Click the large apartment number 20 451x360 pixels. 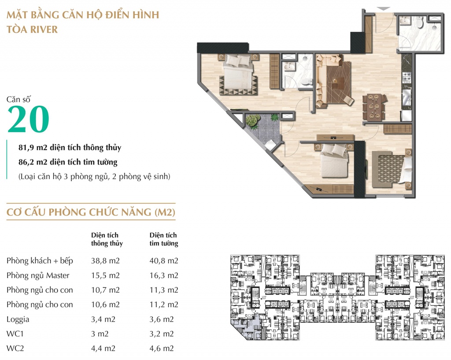pos(28,119)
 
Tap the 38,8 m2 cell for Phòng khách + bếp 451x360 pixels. pos(105,261)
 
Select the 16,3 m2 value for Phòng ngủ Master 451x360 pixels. pos(164,275)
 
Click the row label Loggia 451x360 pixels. pos(18,319)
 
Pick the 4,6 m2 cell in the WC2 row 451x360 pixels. pos(161,349)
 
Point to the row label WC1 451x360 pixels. pos(15,334)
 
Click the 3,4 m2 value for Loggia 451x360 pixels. pos(103,319)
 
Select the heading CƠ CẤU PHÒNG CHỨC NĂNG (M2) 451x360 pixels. pos(91,212)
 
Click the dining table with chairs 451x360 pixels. pos(374,107)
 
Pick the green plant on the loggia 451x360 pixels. pos(252,120)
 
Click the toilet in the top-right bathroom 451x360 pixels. pos(419,22)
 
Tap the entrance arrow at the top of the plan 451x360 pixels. pos(384,9)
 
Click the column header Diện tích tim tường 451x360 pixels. pos(164,239)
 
